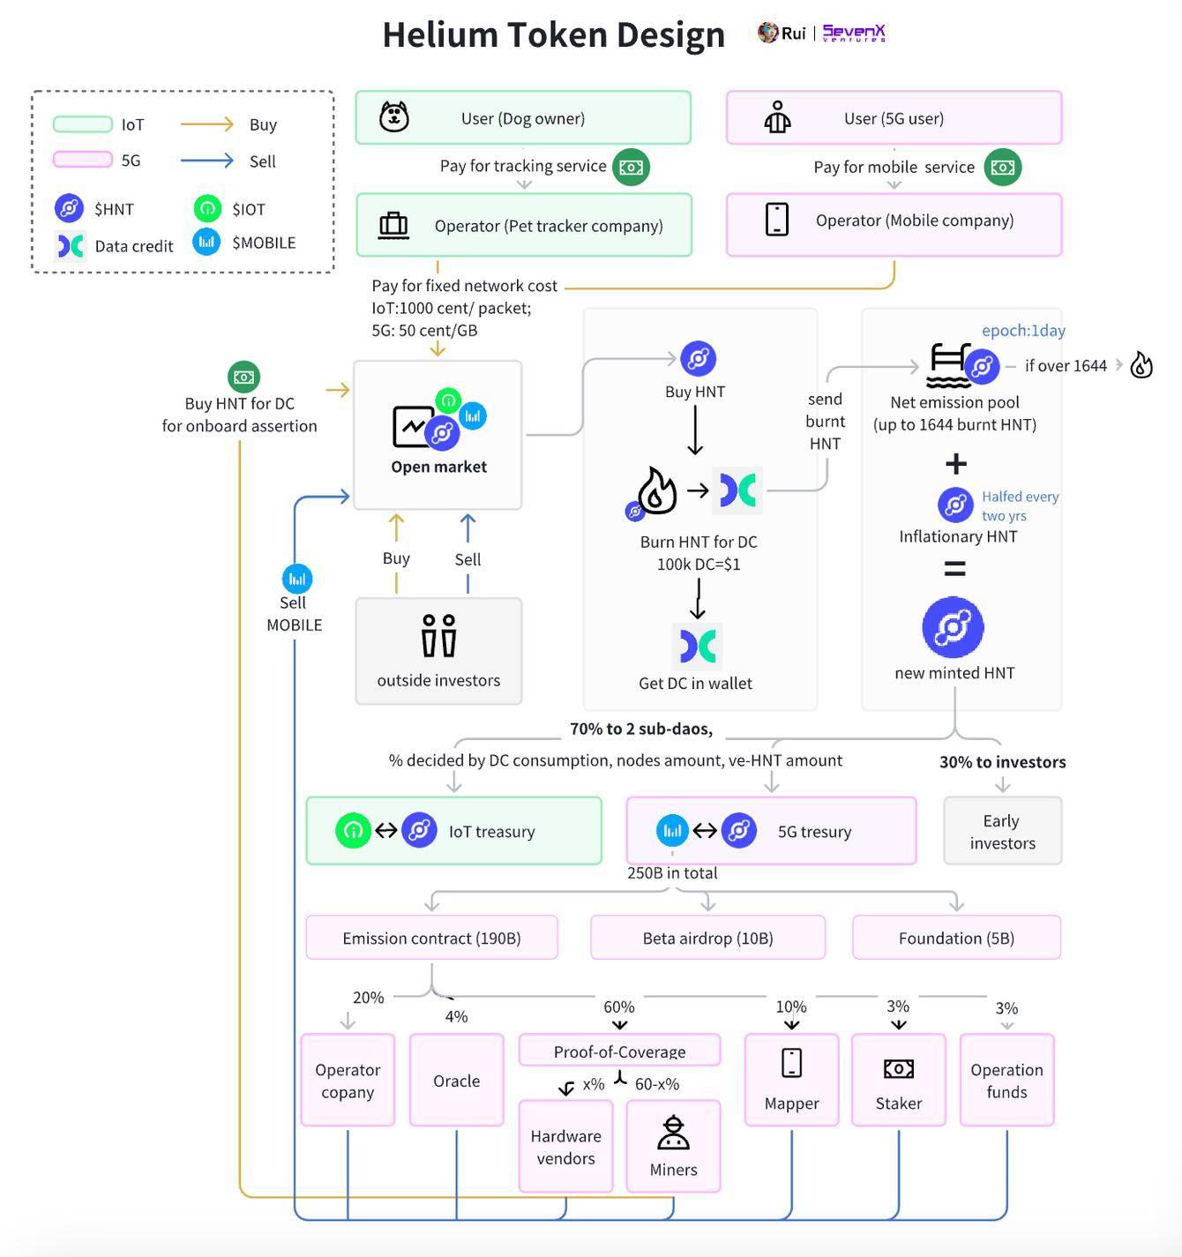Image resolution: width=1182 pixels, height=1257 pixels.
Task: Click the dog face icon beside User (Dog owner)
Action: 394,116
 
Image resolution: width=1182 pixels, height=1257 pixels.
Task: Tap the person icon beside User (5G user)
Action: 777,117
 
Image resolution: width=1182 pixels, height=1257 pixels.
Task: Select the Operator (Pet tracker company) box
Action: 524,226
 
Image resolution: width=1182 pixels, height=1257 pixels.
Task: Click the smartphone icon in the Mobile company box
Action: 777,220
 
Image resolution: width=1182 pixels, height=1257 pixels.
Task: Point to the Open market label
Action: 438,467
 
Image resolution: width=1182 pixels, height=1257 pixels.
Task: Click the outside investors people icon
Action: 438,635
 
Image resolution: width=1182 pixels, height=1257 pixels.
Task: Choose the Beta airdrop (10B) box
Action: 707,938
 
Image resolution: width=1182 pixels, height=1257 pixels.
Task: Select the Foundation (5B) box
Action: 956,938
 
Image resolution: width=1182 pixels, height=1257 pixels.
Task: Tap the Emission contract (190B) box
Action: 431,938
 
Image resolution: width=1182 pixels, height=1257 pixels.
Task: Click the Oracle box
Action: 456,1081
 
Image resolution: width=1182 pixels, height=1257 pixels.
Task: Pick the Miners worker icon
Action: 673,1134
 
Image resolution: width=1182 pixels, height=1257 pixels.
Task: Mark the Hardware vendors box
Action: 565,1147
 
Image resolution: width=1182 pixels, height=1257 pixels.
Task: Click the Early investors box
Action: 1002,831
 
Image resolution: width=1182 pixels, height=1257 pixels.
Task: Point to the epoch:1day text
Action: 1023,331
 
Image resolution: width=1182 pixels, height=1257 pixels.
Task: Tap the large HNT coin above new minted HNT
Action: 953,627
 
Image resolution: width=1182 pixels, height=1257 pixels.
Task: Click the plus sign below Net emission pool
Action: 956,464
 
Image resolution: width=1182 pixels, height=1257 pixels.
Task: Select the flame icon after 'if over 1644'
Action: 1141,364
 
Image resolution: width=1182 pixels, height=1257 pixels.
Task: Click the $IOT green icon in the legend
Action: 207,209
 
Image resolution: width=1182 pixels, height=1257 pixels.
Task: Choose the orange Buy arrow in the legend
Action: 206,124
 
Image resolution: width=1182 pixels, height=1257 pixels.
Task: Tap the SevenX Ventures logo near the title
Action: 854,34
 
